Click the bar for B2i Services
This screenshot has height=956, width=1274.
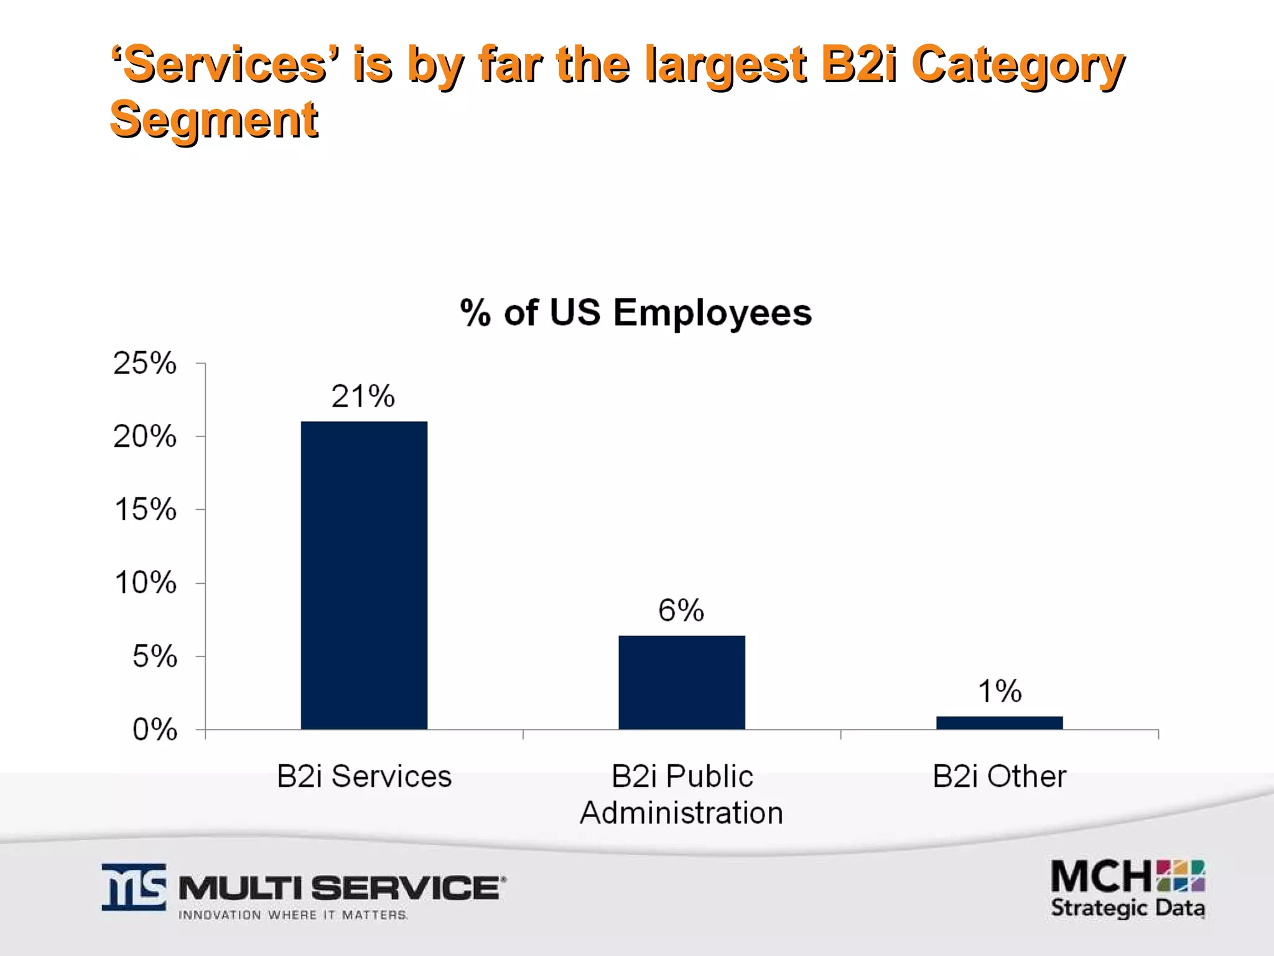point(364,575)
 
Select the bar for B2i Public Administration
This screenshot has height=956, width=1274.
point(681,682)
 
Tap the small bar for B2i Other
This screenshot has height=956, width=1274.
point(999,723)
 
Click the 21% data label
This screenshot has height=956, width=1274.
point(363,396)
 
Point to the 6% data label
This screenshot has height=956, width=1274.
point(681,610)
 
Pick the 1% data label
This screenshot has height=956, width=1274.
point(999,691)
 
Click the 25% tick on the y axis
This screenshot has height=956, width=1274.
point(145,363)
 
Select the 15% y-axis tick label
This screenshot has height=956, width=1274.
point(145,510)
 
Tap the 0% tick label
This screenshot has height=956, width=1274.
point(155,729)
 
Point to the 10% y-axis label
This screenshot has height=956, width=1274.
point(145,583)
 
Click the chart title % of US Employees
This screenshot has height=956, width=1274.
point(636,312)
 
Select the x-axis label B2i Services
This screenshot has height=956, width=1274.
point(364,777)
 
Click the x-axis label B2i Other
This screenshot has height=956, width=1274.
point(999,777)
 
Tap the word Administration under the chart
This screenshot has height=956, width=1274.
point(681,813)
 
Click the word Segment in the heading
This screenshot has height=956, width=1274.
point(214,119)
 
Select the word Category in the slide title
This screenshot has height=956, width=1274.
point(1018,65)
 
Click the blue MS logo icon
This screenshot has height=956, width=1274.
point(134,887)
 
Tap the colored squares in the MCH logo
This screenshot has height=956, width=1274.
point(1181,876)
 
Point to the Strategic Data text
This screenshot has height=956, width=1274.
point(1127,908)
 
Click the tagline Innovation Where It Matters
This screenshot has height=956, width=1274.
point(292,915)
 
